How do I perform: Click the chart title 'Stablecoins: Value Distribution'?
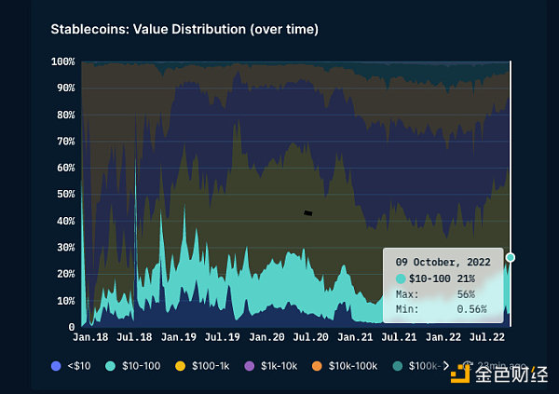coord(184,30)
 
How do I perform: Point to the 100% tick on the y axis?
coord(63,61)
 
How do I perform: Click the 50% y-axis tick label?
coord(65,195)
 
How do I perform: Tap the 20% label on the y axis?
coord(65,274)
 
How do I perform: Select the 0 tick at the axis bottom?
coord(71,327)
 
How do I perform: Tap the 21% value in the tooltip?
coord(467,278)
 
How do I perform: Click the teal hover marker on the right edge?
coord(510,257)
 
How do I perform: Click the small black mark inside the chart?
coord(307,213)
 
